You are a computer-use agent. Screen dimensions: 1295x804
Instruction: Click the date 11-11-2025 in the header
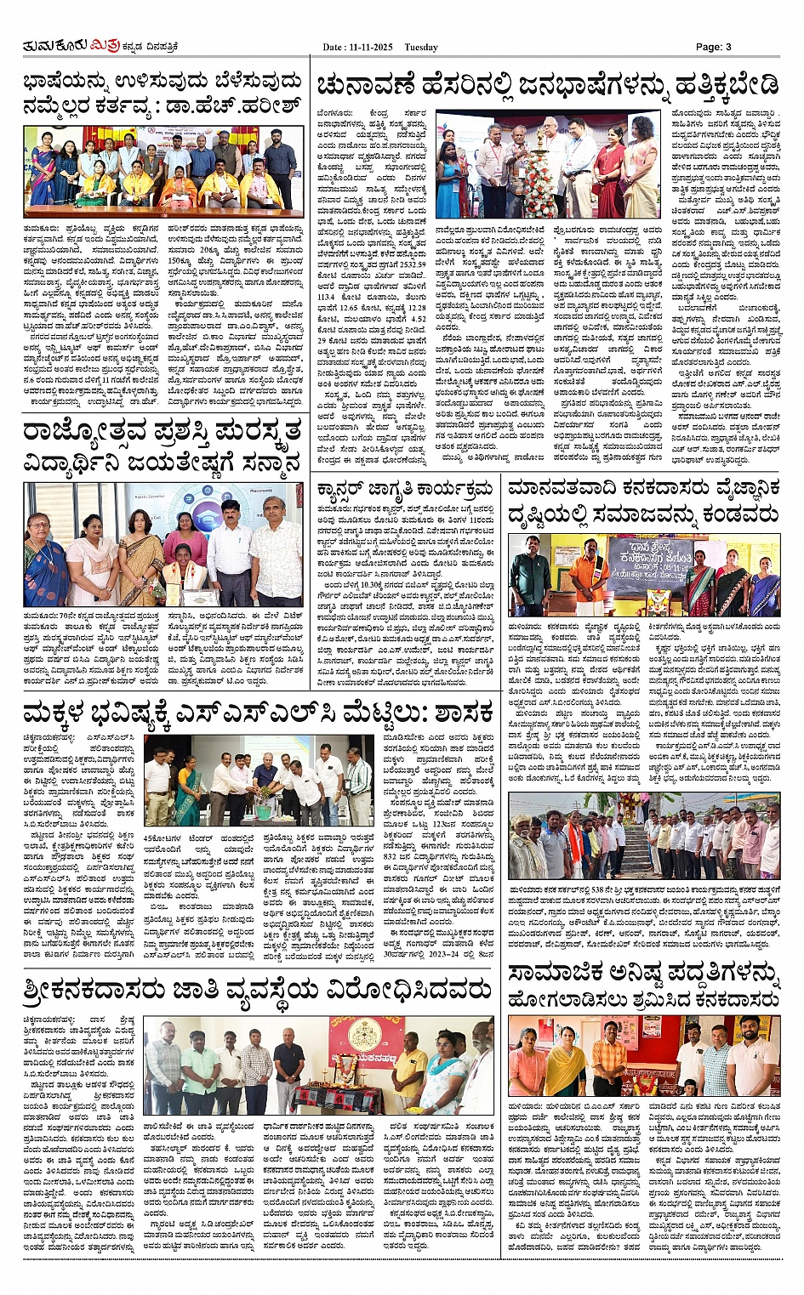pos(371,48)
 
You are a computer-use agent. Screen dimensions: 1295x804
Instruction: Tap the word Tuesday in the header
pos(421,48)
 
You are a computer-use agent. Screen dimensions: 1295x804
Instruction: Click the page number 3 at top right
pos(727,48)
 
